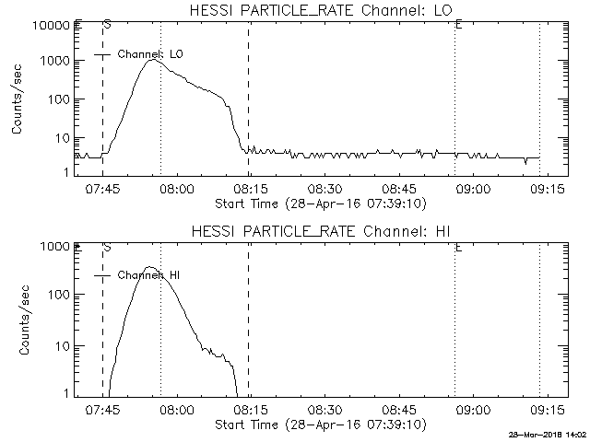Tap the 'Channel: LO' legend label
[x=156, y=54]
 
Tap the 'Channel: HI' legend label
[x=155, y=275]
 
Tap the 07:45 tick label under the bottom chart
[x=102, y=410]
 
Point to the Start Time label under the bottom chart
[x=319, y=425]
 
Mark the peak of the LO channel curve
[x=152, y=60]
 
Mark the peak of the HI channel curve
[x=151, y=267]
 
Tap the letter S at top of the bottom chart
[x=107, y=247]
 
